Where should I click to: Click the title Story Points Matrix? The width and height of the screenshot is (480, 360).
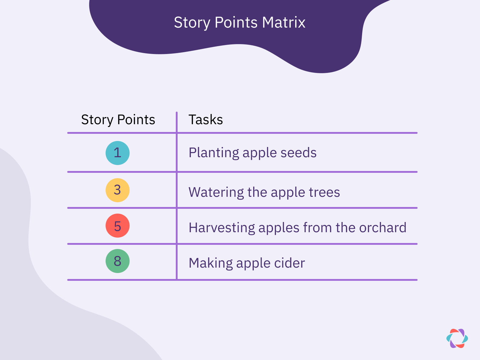click(x=239, y=22)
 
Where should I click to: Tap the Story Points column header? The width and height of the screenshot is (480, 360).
click(x=118, y=120)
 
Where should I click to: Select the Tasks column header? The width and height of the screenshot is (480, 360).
click(x=205, y=120)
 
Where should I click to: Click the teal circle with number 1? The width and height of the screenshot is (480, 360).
click(x=118, y=153)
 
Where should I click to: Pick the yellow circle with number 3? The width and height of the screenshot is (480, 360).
click(x=118, y=190)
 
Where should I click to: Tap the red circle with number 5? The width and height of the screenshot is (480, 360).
click(x=118, y=226)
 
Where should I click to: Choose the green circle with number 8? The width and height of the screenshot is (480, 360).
click(x=118, y=261)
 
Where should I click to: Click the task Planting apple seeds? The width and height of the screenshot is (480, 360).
click(x=252, y=153)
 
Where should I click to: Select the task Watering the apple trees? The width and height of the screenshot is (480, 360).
click(x=264, y=192)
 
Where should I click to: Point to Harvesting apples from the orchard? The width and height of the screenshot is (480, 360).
click(x=297, y=228)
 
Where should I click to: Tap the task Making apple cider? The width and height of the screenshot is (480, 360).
click(x=247, y=263)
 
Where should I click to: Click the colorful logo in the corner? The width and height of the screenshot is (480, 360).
click(x=457, y=338)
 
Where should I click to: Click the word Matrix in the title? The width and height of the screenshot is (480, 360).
click(x=283, y=22)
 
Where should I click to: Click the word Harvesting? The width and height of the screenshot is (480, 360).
click(x=222, y=228)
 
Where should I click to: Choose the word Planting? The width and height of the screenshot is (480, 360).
click(x=214, y=153)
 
